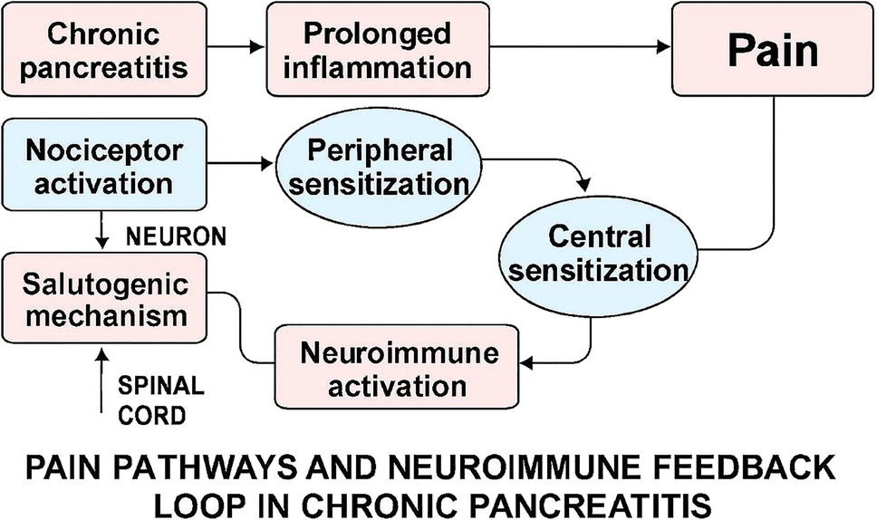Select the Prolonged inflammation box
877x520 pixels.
coord(377,51)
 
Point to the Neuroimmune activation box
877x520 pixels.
coord(398,368)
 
